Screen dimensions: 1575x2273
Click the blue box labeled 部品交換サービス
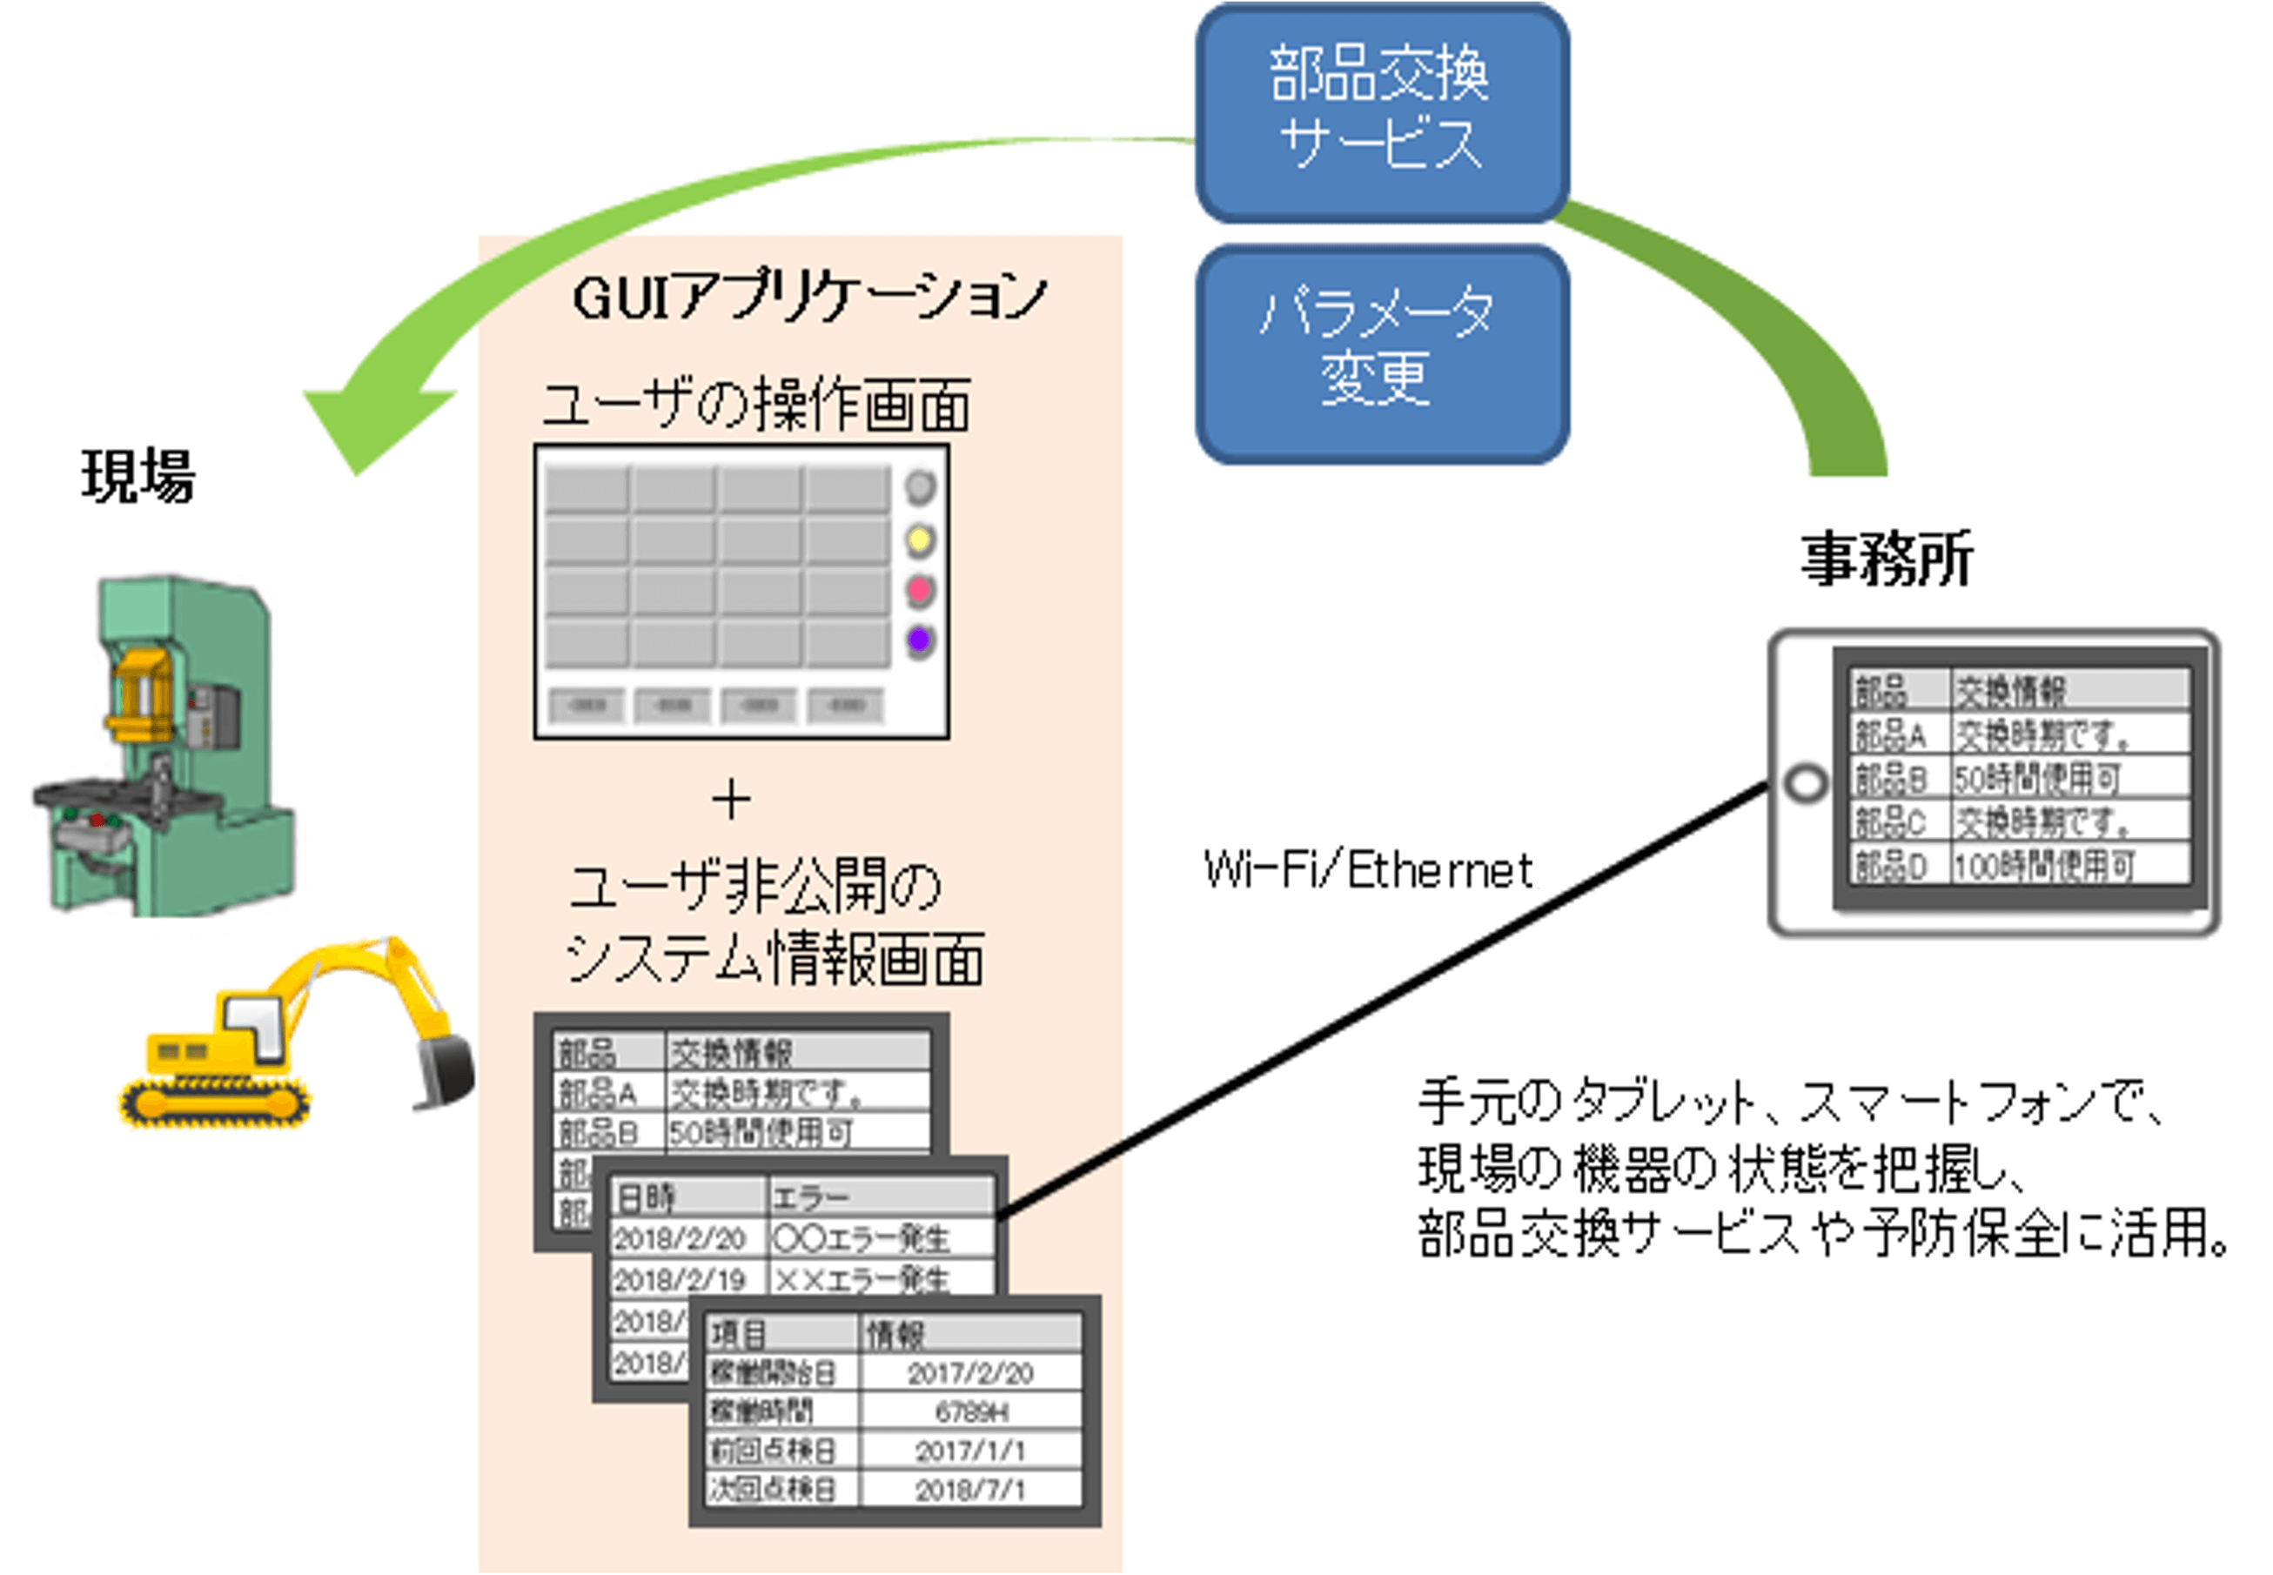1382,111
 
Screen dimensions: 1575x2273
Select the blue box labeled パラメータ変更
1382,352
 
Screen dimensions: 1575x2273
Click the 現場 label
138,476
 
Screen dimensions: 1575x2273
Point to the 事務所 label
1886,559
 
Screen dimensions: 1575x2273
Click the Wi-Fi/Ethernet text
1368,870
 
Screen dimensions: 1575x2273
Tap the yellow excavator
296,1036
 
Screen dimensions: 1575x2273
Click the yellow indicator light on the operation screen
919,539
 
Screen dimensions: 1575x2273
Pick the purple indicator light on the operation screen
919,640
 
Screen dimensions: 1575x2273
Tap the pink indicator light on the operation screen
919,590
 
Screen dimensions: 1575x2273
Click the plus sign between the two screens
731,800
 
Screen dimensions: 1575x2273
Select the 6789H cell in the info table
971,1413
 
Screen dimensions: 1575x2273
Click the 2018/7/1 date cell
971,1490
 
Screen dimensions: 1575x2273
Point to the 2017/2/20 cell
971,1374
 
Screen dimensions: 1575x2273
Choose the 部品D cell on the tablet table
1890,867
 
